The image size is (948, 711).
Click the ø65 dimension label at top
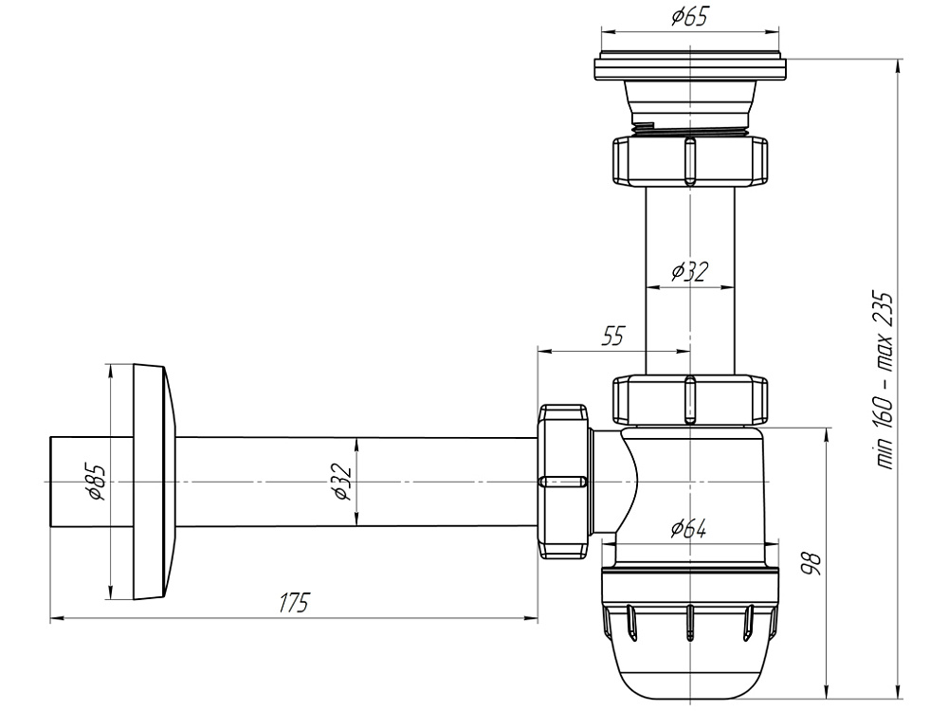689,17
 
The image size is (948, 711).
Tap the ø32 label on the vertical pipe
689,272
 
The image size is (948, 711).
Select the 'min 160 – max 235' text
886,379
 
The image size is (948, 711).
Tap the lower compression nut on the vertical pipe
689,399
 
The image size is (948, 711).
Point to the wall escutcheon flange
152,482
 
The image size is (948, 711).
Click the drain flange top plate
689,68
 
